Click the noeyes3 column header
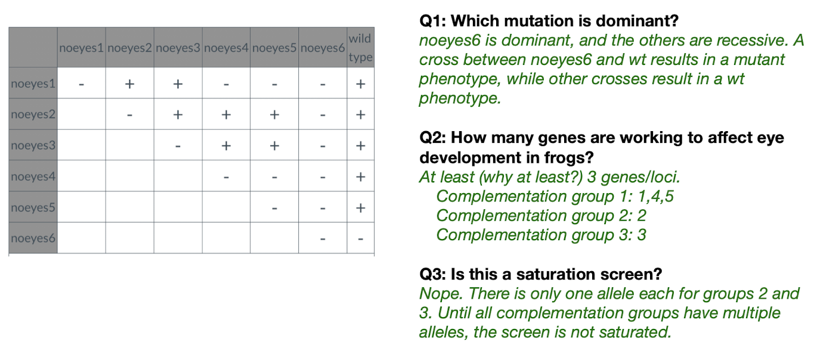(178, 47)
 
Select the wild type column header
(360, 47)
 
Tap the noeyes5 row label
(33, 207)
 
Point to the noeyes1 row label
(33, 83)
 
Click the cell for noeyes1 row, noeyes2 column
(129, 83)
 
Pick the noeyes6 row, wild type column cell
(360, 238)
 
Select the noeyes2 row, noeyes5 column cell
(274, 114)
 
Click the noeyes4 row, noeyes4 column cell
(226, 176)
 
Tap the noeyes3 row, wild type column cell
(360, 145)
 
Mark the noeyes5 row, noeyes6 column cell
(323, 207)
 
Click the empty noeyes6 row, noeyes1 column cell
(81, 238)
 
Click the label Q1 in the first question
(432, 21)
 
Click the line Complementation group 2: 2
(541, 215)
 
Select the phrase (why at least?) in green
(531, 177)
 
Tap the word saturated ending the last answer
(635, 332)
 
